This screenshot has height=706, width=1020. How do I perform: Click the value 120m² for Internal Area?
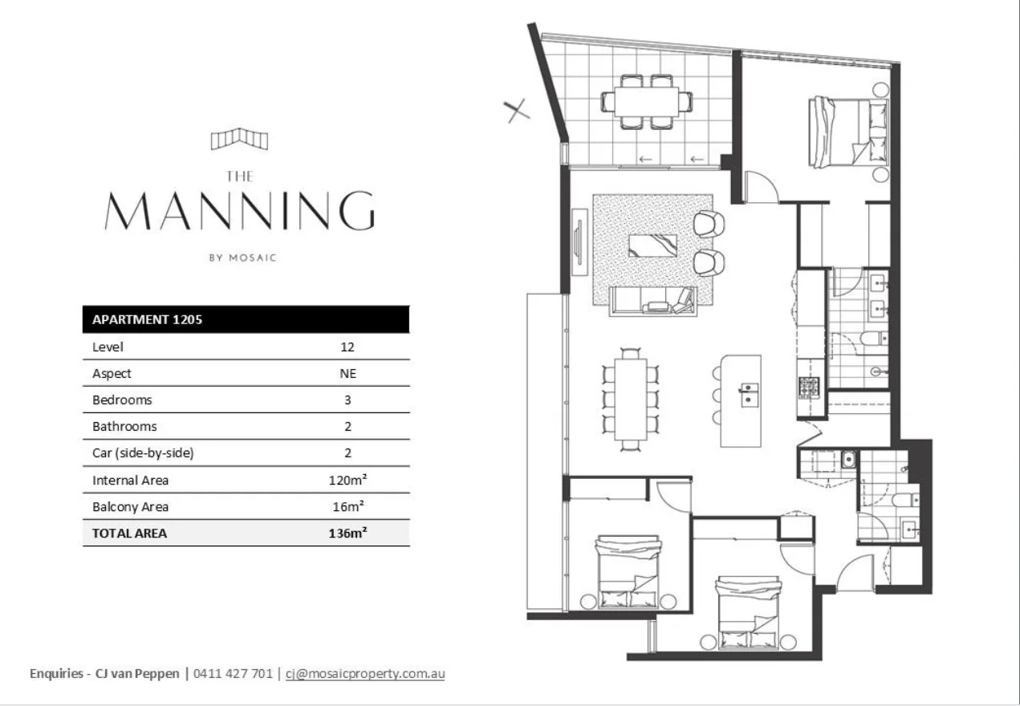coord(347,480)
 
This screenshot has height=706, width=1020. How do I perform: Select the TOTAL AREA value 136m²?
coord(347,533)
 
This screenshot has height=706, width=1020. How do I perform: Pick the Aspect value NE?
coord(347,373)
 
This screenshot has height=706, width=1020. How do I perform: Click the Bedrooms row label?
coord(122,400)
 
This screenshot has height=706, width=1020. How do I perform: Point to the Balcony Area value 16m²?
coord(347,506)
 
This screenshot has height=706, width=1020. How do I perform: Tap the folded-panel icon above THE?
coord(239,140)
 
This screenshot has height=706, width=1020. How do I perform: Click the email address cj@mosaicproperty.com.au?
coord(365,674)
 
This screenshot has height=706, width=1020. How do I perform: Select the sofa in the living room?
coord(652,301)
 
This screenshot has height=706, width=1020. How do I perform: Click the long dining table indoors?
coord(631,399)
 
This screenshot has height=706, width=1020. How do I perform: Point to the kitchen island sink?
coord(749,393)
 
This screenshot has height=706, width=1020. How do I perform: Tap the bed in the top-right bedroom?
coord(849,132)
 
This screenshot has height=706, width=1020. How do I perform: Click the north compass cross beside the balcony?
coord(518,110)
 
